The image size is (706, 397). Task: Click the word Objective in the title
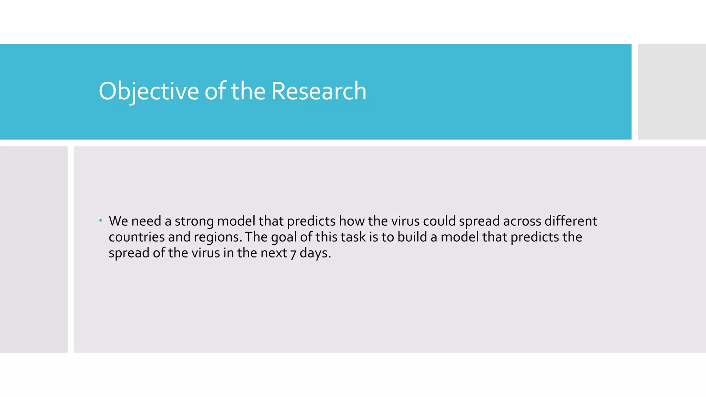[149, 91]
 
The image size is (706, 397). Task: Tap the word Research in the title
[319, 91]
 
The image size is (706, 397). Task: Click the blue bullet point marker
[101, 221]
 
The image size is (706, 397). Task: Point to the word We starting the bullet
[118, 221]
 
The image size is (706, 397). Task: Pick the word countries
[137, 237]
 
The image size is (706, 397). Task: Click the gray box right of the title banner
[672, 92]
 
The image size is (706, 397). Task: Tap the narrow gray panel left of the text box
[34, 249]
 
